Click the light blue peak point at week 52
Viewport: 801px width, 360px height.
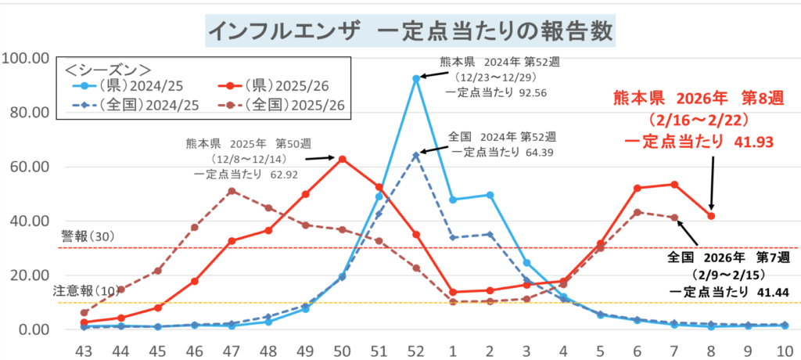(x=416, y=78)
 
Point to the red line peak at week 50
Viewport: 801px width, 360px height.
(x=342, y=159)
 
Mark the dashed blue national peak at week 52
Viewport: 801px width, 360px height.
(x=416, y=155)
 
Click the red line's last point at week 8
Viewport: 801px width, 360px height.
(x=711, y=216)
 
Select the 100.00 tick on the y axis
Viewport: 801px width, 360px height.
(x=27, y=58)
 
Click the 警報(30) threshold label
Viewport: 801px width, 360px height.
(x=88, y=236)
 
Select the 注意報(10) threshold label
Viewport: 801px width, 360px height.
(x=83, y=290)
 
